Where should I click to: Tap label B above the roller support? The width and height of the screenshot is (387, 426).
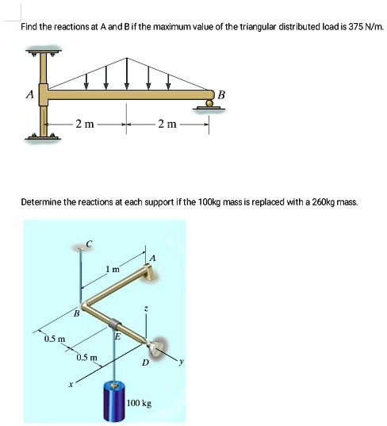coord(221,95)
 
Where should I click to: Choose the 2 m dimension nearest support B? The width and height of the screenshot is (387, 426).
coord(167,124)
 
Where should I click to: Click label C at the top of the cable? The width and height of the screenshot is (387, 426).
coord(89,241)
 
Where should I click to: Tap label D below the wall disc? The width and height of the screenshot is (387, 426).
coord(144,363)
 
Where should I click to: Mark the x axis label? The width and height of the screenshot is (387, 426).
coord(71,385)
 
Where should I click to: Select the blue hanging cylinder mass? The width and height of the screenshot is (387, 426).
coord(114,403)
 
